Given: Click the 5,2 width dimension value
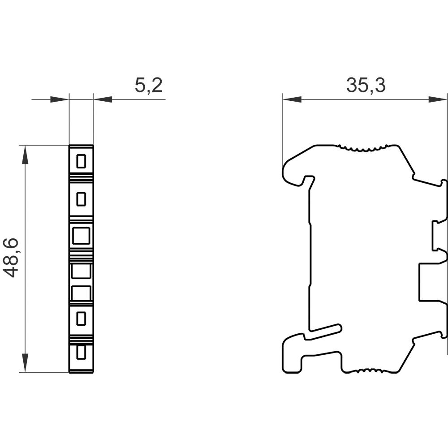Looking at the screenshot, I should (148, 85).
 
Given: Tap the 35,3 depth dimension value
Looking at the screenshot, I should (366, 85).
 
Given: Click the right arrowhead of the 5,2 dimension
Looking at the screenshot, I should (103, 99).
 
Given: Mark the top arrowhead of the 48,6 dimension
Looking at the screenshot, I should (25, 154).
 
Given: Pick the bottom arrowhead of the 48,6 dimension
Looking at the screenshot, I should (25, 363).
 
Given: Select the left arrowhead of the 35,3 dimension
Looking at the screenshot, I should (292, 99).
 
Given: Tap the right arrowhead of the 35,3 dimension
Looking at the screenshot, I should (438, 99).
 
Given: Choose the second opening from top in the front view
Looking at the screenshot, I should (81, 199).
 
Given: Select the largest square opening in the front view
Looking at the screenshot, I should (81, 235).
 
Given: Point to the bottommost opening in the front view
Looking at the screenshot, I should (81, 353).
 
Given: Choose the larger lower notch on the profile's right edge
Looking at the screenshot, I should (432, 282).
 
